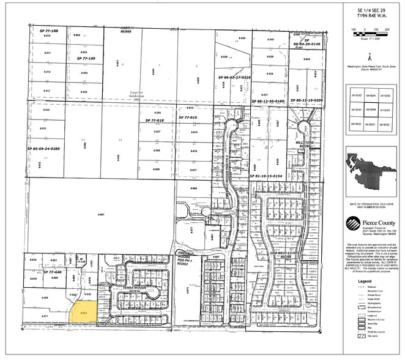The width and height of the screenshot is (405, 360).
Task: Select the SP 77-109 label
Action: (84, 58)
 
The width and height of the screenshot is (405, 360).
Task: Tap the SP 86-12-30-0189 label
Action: (269, 100)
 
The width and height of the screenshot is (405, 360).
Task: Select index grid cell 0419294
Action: (370, 110)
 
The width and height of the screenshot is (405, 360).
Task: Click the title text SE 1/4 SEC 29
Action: (370, 11)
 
